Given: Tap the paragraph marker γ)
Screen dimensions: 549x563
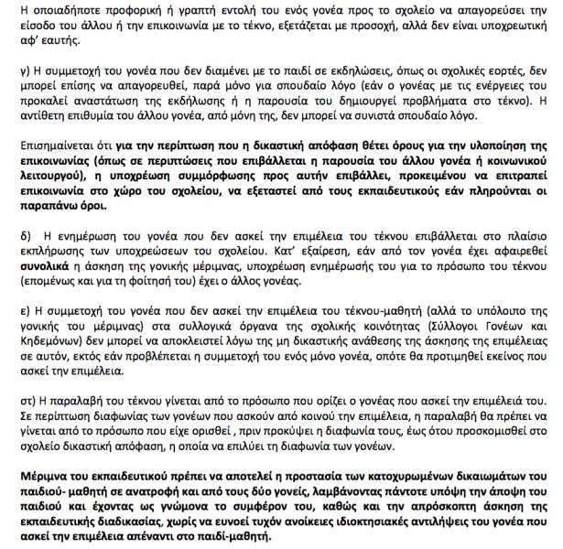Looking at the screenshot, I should tap(14, 70).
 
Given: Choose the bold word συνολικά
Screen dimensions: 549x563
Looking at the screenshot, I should tap(36, 265).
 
